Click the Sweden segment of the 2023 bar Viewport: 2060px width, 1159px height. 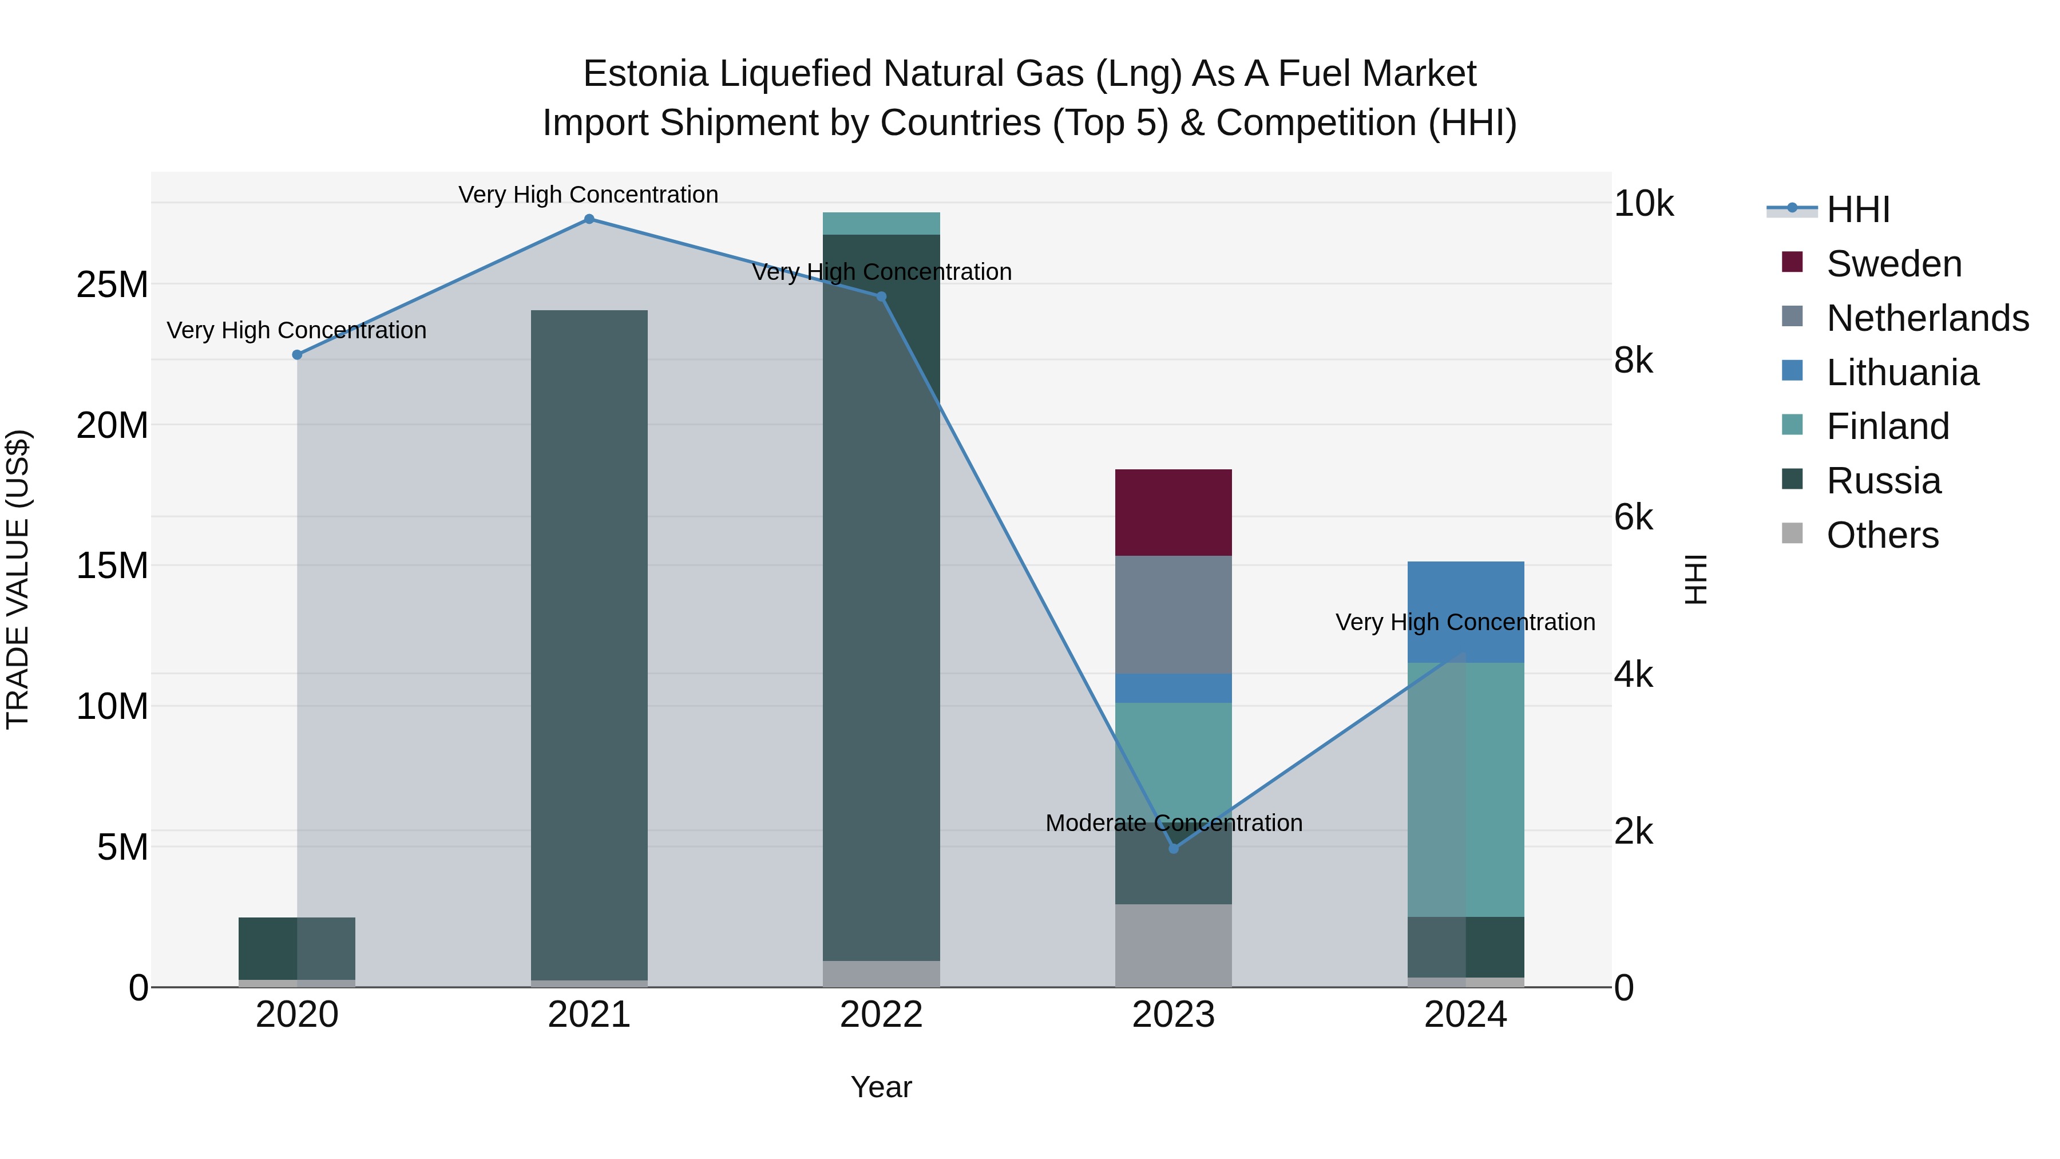[1173, 512]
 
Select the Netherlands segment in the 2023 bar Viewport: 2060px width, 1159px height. [1173, 614]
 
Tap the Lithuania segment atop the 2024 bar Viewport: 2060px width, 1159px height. [1465, 592]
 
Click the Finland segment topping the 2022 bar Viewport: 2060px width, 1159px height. [881, 223]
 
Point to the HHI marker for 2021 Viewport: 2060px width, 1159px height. [589, 219]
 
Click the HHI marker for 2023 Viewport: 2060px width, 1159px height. [1173, 849]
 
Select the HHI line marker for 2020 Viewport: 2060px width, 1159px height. [298, 354]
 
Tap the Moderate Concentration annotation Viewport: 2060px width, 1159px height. [1173, 823]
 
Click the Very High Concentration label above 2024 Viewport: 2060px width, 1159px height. [1465, 622]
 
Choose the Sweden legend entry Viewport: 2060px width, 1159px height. [1893, 264]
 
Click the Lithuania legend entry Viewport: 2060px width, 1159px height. [1901, 373]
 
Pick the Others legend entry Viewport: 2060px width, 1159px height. [1881, 535]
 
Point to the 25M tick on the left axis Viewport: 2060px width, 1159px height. [112, 285]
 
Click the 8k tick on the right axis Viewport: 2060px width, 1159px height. [1633, 361]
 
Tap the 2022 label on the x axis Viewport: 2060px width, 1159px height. [881, 1015]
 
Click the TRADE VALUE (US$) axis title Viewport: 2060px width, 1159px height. [18, 579]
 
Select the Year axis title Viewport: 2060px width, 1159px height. [881, 1087]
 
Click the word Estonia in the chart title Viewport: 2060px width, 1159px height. [645, 74]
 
